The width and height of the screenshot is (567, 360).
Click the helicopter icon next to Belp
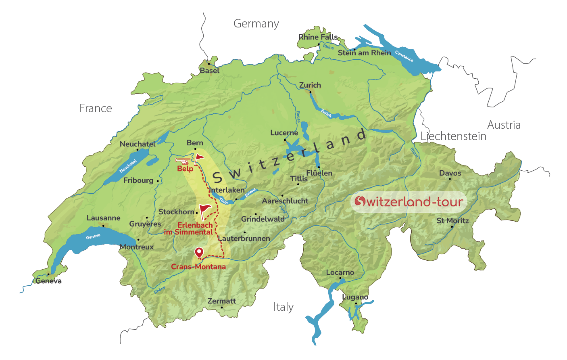pyautogui.click(x=182, y=161)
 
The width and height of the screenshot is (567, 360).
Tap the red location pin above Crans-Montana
pyautogui.click(x=199, y=252)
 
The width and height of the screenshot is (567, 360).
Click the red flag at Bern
pyautogui.click(x=199, y=158)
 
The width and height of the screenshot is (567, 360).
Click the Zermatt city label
pyautogui.click(x=221, y=301)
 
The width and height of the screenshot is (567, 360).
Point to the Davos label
pyautogui.click(x=450, y=173)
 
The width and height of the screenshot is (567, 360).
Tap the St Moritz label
pyautogui.click(x=452, y=221)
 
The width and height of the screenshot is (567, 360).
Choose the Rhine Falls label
pyautogui.click(x=318, y=37)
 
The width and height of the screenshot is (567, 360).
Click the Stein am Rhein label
pyautogui.click(x=364, y=53)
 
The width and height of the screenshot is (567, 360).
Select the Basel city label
pyautogui.click(x=210, y=71)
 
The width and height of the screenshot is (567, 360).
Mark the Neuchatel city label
pyautogui.click(x=137, y=144)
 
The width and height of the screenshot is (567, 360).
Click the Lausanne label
pyautogui.click(x=103, y=218)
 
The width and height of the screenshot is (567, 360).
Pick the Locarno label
pyautogui.click(x=340, y=272)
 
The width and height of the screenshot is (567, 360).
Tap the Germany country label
pyautogui.click(x=256, y=24)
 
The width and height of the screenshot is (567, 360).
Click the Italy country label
pyautogui.click(x=283, y=307)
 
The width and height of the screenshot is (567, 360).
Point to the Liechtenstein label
pyautogui.click(x=453, y=136)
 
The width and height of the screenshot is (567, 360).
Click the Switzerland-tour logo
pyautogui.click(x=409, y=201)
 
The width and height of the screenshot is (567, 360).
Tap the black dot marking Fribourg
pyautogui.click(x=158, y=181)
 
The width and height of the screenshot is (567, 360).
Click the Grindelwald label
pyautogui.click(x=263, y=219)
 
